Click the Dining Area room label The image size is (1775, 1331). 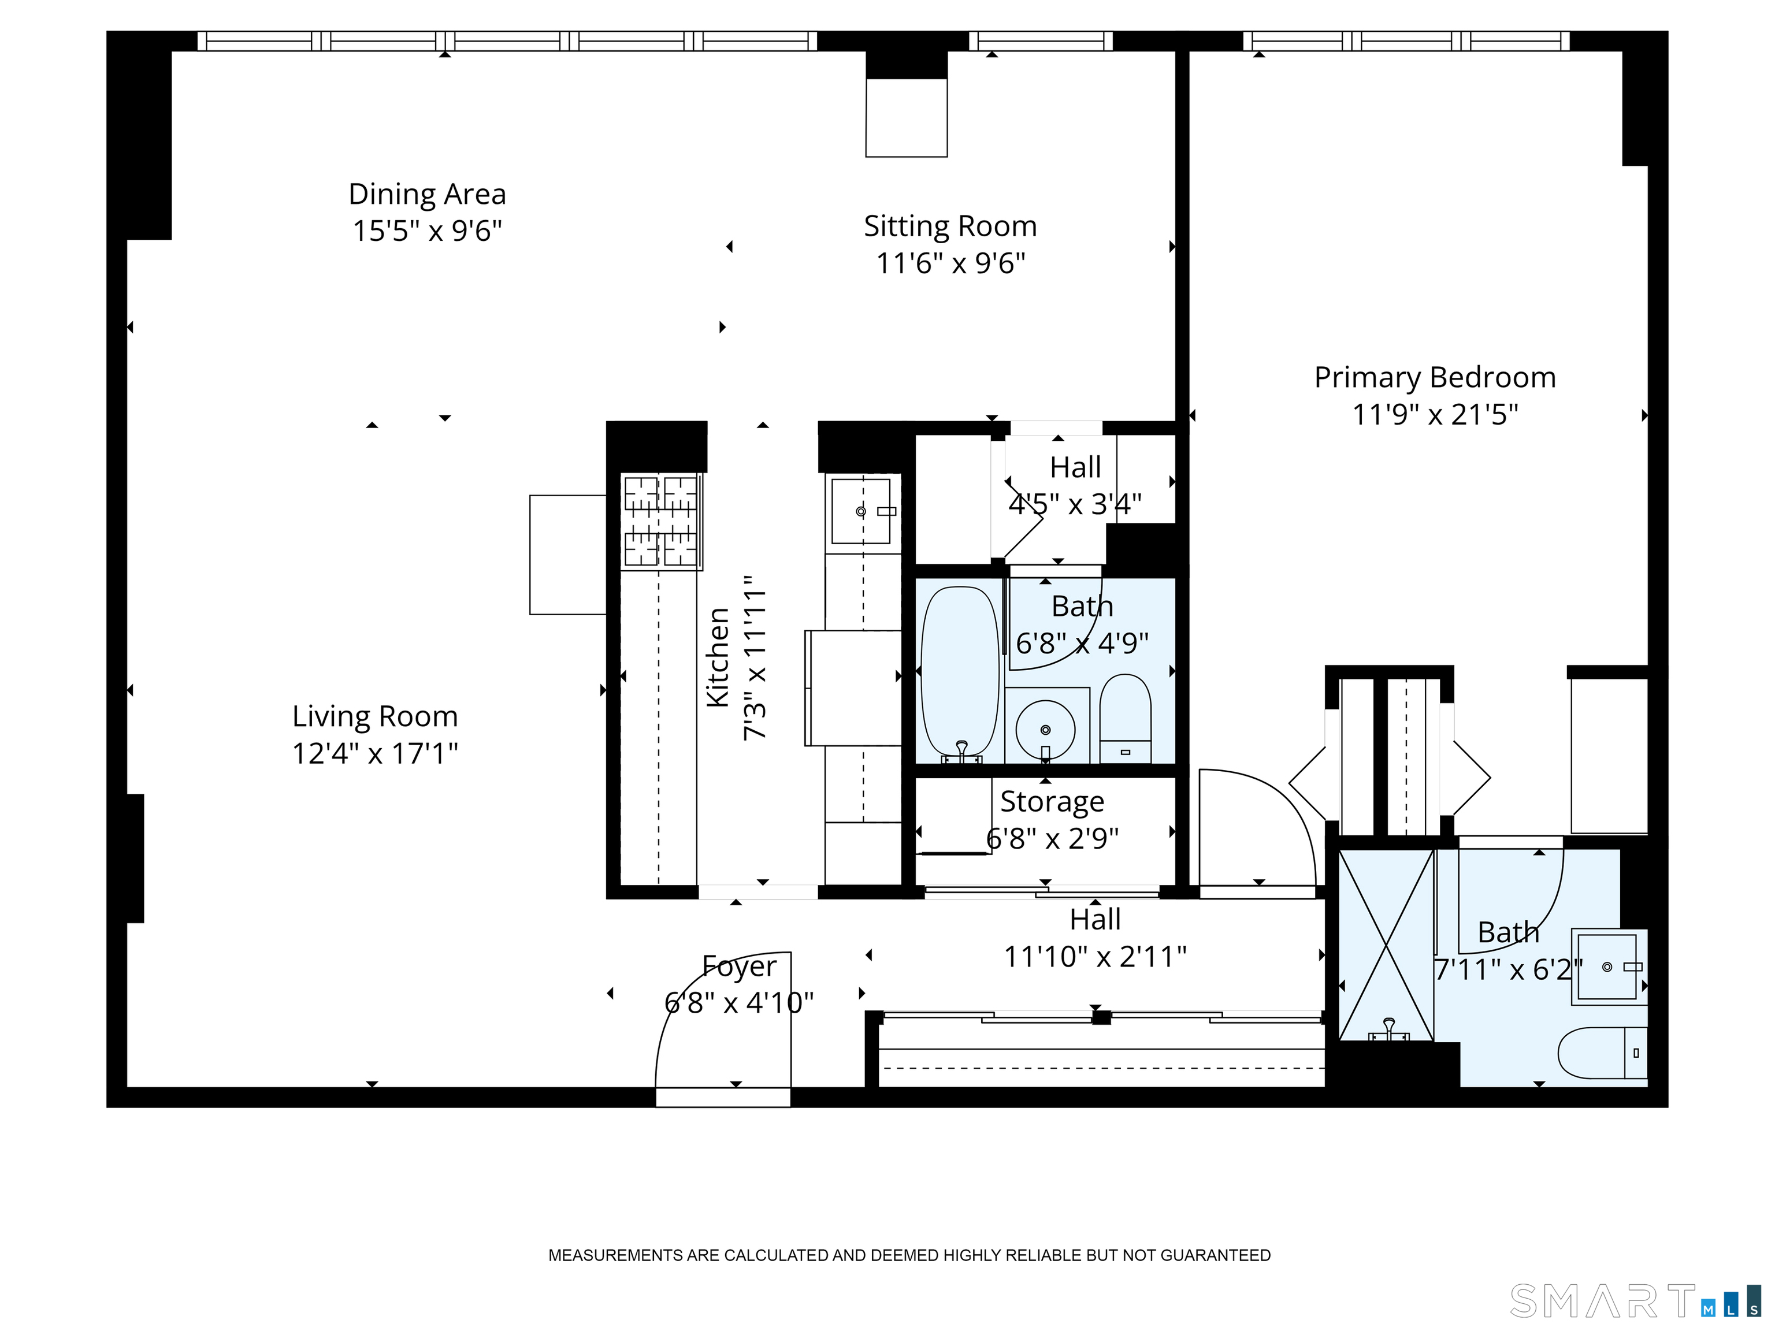coord(427,194)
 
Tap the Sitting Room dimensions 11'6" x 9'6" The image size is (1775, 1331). coord(951,263)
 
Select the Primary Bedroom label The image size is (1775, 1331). coord(1435,377)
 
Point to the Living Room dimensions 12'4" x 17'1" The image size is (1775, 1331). coord(375,753)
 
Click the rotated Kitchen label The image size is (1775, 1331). coord(718,658)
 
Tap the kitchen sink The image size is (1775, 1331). coord(863,511)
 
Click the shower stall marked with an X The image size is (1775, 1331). coord(1386,945)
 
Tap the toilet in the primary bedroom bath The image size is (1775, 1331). coord(1602,1053)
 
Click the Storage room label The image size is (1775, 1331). coord(1052,801)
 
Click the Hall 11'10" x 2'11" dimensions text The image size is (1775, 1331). coord(1096,956)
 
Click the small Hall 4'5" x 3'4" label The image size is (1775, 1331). coord(1075,467)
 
